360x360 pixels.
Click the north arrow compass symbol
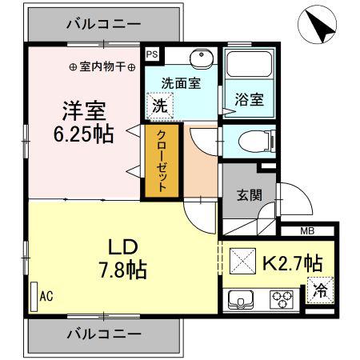click(317, 24)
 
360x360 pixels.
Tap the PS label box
click(152, 54)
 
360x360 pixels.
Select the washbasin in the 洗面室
click(202, 57)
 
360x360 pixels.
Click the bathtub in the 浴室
click(249, 64)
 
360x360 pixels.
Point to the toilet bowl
click(257, 142)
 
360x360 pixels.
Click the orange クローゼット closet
click(162, 161)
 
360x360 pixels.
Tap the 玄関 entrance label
click(250, 195)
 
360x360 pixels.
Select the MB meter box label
click(307, 231)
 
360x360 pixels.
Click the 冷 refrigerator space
click(320, 290)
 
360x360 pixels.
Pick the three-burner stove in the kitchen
click(282, 299)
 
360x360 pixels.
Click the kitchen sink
click(241, 299)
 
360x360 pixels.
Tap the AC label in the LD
click(46, 296)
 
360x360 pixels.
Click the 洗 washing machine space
click(160, 106)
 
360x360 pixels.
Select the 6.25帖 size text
click(84, 134)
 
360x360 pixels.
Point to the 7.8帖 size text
click(123, 270)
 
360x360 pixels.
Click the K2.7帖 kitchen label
click(293, 262)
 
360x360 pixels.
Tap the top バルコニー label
click(103, 24)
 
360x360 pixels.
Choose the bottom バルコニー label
click(103, 334)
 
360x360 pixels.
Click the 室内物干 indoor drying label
click(102, 67)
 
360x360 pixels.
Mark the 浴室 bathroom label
click(250, 99)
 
